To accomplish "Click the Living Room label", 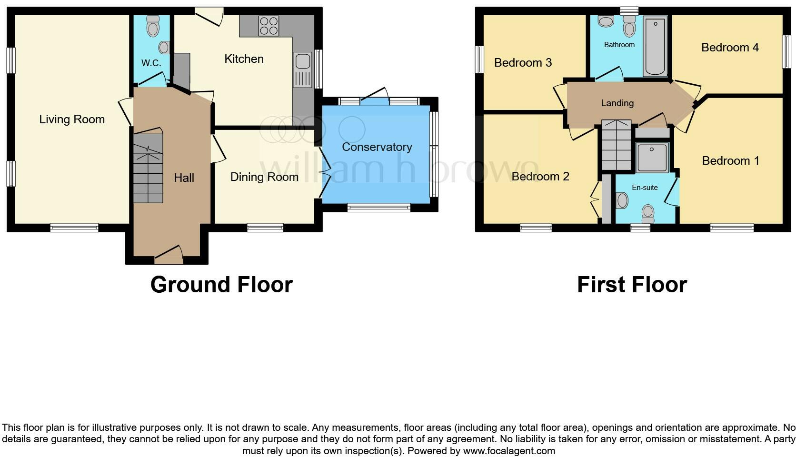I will [x=72, y=119].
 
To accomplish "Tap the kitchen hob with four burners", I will [x=269, y=26].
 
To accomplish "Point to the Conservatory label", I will [x=377, y=147].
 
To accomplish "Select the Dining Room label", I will [x=264, y=177].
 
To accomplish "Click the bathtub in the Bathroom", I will [x=655, y=46].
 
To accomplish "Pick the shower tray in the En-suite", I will [x=652, y=158].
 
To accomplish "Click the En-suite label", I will [x=645, y=188].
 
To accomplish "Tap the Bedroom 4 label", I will [x=730, y=48].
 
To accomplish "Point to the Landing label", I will [x=617, y=103].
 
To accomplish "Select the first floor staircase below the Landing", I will [x=616, y=145].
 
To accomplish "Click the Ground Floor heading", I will [x=221, y=285].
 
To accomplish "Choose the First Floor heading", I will [x=632, y=285].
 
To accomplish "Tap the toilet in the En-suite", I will [x=648, y=214].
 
